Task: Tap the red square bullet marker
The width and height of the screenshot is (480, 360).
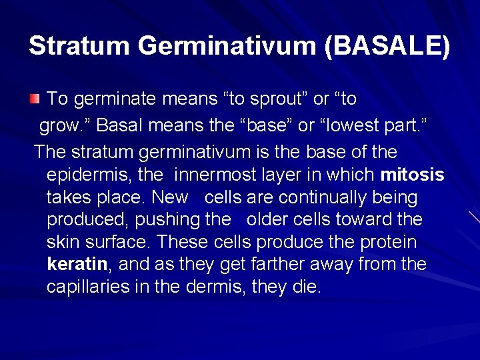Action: click(35, 100)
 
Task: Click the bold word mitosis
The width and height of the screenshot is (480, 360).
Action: click(412, 175)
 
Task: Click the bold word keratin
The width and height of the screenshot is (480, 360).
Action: click(77, 264)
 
